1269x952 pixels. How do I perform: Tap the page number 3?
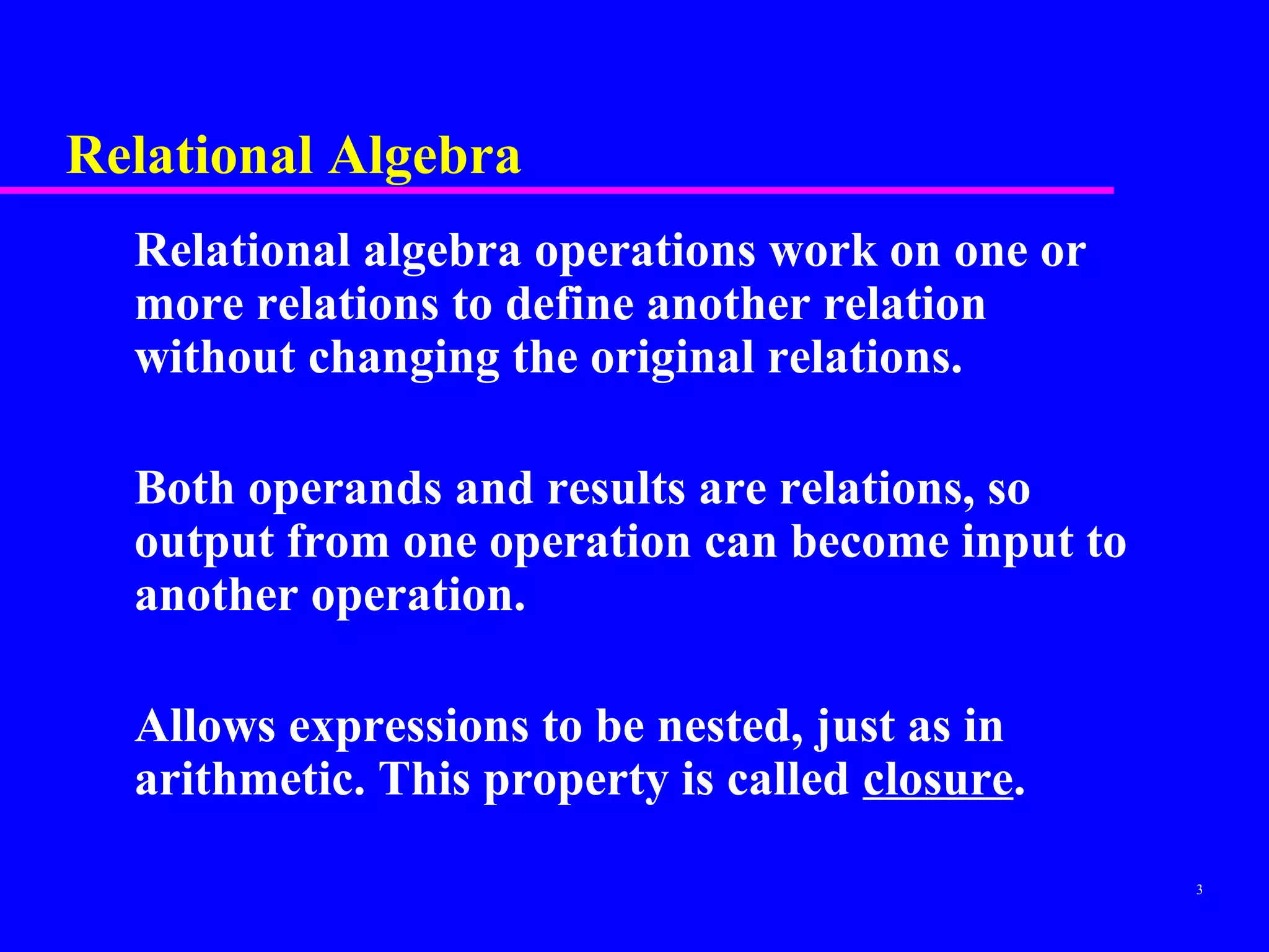point(1200,890)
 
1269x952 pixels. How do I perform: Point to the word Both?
point(185,488)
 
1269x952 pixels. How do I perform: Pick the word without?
point(215,358)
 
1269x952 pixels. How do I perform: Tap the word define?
point(569,304)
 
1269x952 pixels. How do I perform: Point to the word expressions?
point(409,728)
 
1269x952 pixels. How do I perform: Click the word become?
point(870,542)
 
